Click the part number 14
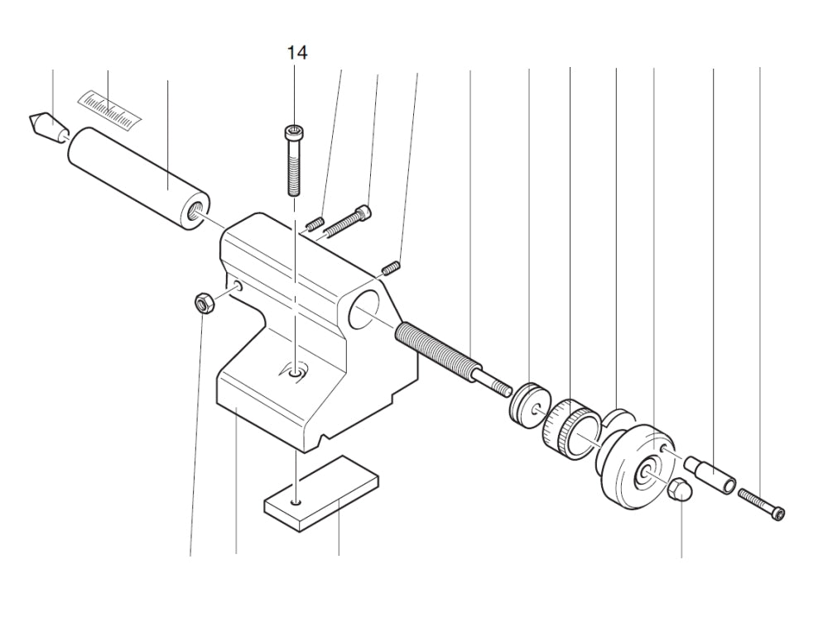pyautogui.click(x=297, y=53)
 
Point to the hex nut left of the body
pyautogui.click(x=204, y=304)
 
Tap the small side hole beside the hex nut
pyautogui.click(x=238, y=286)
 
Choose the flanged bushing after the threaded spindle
pyautogui.click(x=527, y=404)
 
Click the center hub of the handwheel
pyautogui.click(x=643, y=475)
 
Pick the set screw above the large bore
pyautogui.click(x=392, y=267)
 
